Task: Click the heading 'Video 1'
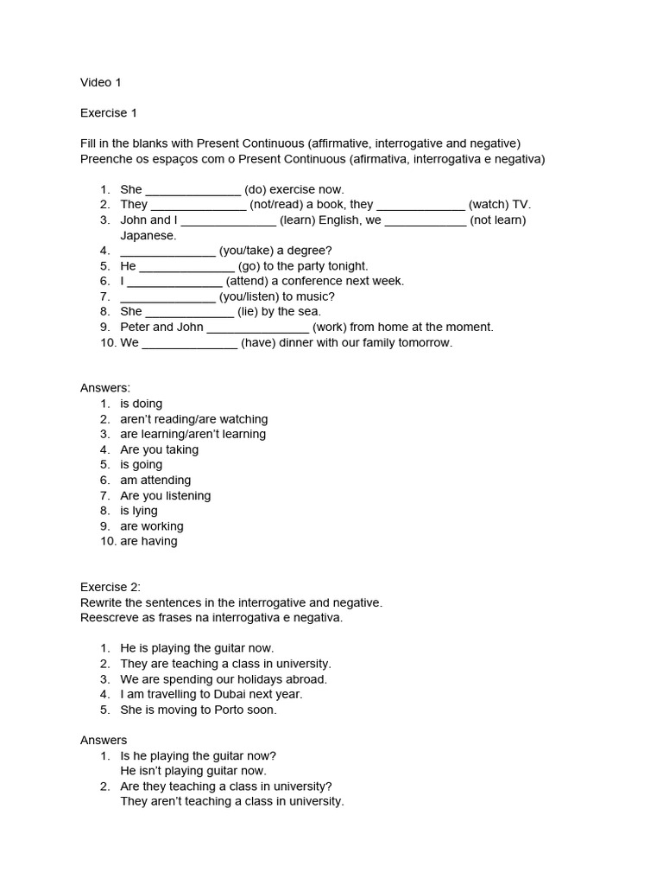click(101, 83)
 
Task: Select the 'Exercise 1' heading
click(109, 113)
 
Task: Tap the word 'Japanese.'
click(148, 235)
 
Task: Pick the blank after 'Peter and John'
click(257, 328)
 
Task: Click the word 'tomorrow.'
click(425, 342)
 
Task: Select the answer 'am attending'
click(155, 480)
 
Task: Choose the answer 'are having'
click(148, 541)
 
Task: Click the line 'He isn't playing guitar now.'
click(193, 770)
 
